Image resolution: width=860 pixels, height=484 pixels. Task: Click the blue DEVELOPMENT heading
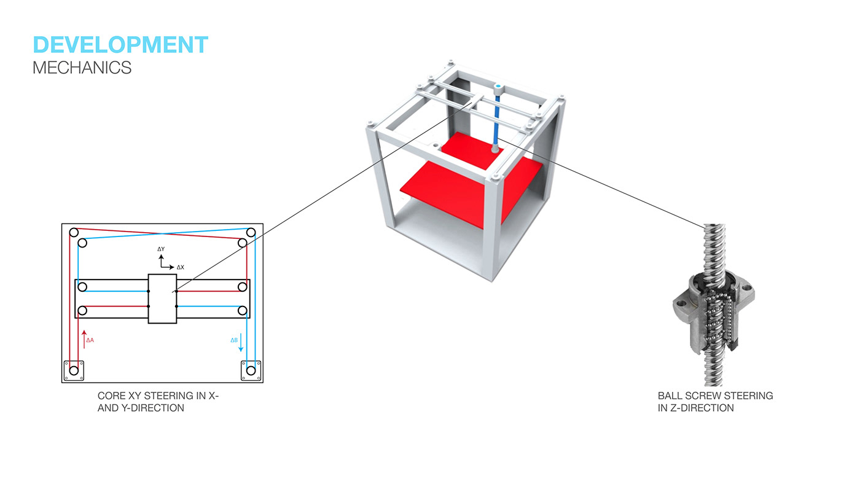[x=120, y=44]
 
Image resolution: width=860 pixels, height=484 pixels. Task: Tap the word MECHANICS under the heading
[x=82, y=68]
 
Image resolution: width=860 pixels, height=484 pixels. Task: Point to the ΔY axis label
[x=161, y=249]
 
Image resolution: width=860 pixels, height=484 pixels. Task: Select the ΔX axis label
[x=181, y=267]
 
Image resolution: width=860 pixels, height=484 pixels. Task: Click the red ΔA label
[x=90, y=340]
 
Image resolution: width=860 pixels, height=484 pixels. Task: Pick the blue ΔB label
[x=234, y=340]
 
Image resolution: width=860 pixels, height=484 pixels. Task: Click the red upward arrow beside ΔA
[x=84, y=339]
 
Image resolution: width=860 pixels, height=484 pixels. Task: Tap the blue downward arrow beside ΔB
[x=241, y=343]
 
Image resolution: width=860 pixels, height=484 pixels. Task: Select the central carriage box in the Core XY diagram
[x=162, y=299]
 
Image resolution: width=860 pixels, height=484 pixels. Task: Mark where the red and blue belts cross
[x=163, y=234]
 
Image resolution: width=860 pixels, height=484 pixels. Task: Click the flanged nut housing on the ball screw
[x=713, y=311]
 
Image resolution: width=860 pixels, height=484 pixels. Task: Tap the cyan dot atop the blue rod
[x=498, y=86]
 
